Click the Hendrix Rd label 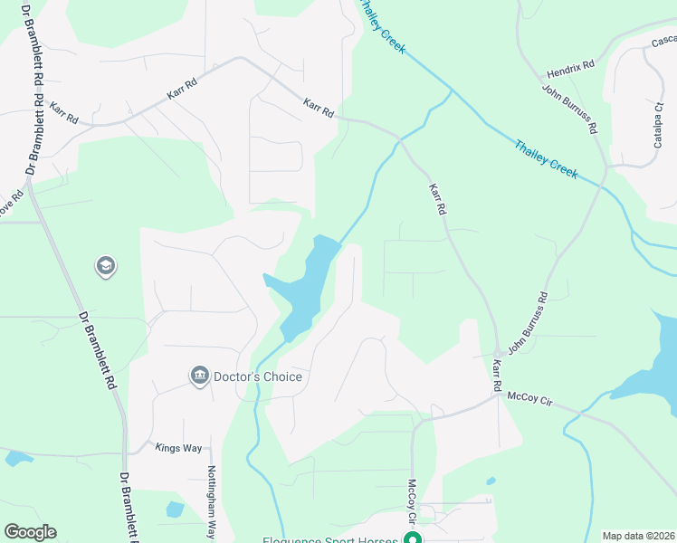[570, 70]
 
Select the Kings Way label [176, 447]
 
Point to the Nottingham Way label [212, 502]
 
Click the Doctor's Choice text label [257, 376]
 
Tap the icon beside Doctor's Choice [199, 376]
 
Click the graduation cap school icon [104, 266]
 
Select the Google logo [30, 532]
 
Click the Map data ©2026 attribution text [638, 536]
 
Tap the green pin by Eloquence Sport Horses [413, 540]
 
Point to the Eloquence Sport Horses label [330, 540]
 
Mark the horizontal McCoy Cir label [529, 395]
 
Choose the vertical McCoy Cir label [411, 503]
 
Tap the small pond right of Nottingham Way [175, 510]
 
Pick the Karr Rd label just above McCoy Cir [496, 376]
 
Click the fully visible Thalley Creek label [546, 157]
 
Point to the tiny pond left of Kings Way [18, 458]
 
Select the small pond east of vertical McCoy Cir [491, 481]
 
